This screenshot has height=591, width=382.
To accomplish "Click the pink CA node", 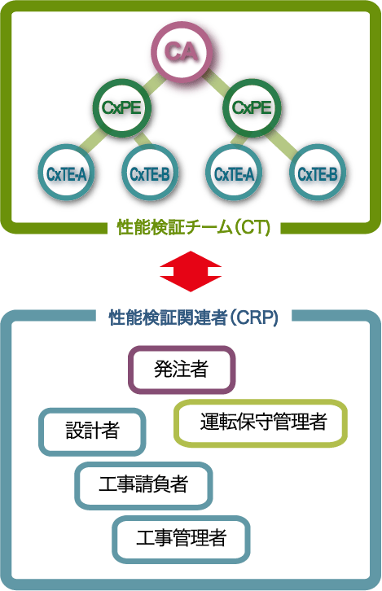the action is click(x=181, y=51).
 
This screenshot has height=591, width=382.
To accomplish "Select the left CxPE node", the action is click(x=121, y=107).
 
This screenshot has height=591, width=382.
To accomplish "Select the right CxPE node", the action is click(x=252, y=107).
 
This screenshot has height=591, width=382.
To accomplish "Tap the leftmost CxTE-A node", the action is click(x=66, y=173).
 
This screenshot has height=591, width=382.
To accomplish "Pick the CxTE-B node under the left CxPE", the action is click(x=150, y=173).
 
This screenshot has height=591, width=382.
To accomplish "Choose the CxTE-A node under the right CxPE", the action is click(x=234, y=173).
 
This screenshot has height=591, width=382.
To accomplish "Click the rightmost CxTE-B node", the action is click(x=318, y=173).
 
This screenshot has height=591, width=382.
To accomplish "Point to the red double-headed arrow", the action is click(x=191, y=271).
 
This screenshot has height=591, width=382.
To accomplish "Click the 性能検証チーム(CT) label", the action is click(x=194, y=228).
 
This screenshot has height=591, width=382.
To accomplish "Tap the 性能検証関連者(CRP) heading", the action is click(x=194, y=317).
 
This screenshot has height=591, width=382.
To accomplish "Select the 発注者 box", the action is click(x=182, y=370).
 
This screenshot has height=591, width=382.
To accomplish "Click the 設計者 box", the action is click(x=92, y=431).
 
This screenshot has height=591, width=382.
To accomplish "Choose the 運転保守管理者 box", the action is click(x=261, y=422).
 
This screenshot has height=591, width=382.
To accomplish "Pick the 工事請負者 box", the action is click(x=143, y=485).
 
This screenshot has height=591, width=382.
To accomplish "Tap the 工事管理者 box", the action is click(x=181, y=539).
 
